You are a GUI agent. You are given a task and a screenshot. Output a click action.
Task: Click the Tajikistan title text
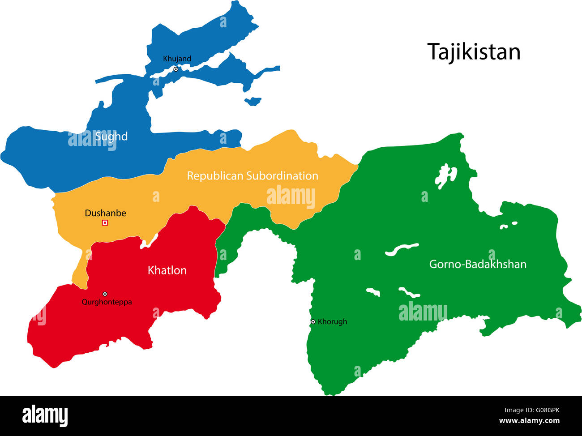[474, 52]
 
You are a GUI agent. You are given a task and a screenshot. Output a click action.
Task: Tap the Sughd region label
[111, 137]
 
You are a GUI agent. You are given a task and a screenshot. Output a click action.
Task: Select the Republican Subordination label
[252, 176]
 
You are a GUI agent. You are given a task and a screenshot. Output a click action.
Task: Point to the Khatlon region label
[167, 270]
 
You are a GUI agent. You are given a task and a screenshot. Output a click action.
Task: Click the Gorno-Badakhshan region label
[478, 264]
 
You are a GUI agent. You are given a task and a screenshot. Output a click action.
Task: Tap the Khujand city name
[177, 59]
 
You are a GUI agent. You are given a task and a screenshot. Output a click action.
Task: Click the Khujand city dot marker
[176, 69]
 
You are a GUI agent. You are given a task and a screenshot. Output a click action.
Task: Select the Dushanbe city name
[105, 213]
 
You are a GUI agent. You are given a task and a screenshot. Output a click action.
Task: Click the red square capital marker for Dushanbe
[105, 222]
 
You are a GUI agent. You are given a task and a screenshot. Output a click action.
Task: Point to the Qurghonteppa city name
[107, 302]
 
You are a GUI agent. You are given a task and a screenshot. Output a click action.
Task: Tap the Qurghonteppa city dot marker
[105, 294]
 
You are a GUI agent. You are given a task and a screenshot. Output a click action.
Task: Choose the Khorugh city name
[332, 321]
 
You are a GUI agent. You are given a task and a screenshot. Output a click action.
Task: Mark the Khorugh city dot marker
[313, 321]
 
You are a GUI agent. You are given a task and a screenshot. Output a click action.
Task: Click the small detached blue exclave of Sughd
[253, 101]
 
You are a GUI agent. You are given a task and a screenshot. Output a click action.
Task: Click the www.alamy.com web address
[529, 421]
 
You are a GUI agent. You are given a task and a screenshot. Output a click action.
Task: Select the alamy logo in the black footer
[45, 416]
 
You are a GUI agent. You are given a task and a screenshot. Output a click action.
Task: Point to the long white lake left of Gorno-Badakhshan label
[402, 249]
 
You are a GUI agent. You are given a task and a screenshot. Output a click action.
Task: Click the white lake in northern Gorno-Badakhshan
[445, 175]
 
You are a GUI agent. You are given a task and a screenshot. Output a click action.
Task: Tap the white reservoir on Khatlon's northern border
[149, 241]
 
